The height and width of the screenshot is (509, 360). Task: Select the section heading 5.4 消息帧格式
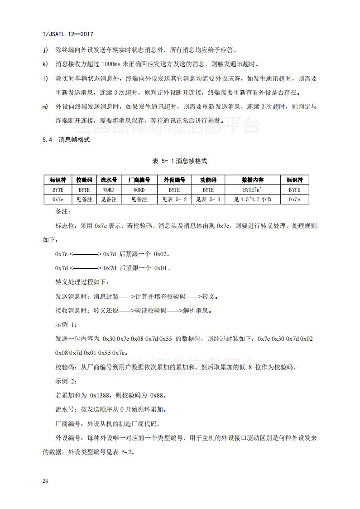click(x=67, y=140)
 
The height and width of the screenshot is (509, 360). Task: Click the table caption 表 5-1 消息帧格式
click(x=180, y=161)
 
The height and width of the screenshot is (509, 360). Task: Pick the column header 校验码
click(x=84, y=180)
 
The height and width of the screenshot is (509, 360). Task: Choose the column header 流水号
click(x=109, y=180)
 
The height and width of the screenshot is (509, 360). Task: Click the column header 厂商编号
click(x=139, y=180)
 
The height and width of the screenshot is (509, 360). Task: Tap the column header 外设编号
click(x=174, y=180)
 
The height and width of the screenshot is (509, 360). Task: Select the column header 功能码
click(x=208, y=180)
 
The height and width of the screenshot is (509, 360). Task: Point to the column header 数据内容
click(x=253, y=180)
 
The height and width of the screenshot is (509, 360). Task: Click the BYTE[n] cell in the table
click(x=253, y=190)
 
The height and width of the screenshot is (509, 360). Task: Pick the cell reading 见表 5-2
click(x=174, y=199)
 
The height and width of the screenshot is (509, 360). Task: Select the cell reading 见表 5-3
click(x=208, y=199)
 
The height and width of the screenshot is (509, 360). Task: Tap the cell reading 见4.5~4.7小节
click(x=253, y=199)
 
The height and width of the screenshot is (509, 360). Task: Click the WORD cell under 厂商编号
click(x=139, y=190)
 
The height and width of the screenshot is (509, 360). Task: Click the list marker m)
click(x=46, y=107)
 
